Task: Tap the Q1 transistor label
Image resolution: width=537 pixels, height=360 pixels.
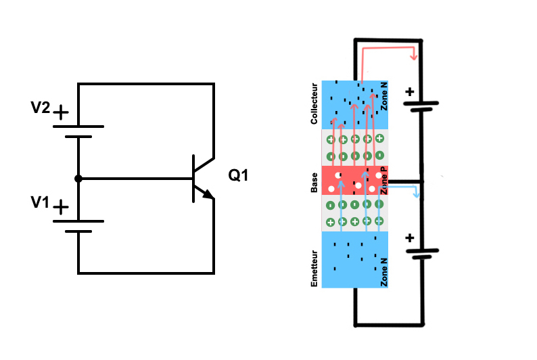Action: [x=238, y=176]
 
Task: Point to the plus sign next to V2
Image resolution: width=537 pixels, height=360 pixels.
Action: [x=61, y=112]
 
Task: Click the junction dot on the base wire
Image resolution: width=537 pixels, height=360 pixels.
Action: [x=78, y=179]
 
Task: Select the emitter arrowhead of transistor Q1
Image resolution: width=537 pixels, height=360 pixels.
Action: [x=209, y=196]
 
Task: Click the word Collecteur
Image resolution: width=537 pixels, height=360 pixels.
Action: [x=314, y=104]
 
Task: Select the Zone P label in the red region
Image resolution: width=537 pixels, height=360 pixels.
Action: [x=383, y=181]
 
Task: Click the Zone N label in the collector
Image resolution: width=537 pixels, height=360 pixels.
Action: [x=384, y=97]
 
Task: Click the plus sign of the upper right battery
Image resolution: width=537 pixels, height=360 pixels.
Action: [x=408, y=91]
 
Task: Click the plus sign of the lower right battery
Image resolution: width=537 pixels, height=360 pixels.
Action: [x=408, y=238]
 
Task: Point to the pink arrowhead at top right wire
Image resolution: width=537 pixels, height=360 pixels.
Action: [x=414, y=56]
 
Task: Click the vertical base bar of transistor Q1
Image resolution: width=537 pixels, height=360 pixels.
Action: [x=193, y=179]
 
